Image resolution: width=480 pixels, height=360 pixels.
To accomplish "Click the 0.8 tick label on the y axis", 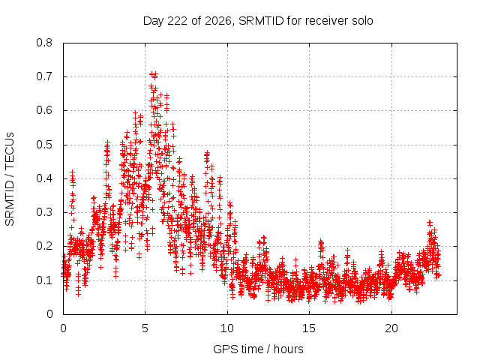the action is [x=44, y=43].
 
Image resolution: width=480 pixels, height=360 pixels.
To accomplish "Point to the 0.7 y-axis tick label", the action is [x=44, y=76].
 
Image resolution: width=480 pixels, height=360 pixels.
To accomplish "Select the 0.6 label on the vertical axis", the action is [x=44, y=110].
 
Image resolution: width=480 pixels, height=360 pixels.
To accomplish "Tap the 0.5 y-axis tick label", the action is [x=44, y=145].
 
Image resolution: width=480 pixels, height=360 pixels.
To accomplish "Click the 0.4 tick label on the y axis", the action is [x=44, y=178].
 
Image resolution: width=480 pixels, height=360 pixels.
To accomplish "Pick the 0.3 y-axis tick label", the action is [x=44, y=212].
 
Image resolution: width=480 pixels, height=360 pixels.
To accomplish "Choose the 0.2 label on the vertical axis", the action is [x=44, y=246].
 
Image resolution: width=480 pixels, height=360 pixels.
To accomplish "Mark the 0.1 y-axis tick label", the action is [x=44, y=280].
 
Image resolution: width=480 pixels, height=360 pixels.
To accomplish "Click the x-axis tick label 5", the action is [x=145, y=328].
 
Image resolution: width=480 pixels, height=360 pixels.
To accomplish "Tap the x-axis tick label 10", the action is [x=227, y=328].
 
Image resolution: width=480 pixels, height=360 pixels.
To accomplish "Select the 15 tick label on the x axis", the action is [x=309, y=328].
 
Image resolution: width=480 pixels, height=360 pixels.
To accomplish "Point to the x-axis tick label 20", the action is [x=391, y=328].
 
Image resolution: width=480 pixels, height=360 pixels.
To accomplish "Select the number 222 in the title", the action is [x=178, y=21].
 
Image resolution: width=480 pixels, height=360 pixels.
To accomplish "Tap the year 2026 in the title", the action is [x=218, y=21].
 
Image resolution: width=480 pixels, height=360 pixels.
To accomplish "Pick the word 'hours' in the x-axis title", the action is [x=288, y=349].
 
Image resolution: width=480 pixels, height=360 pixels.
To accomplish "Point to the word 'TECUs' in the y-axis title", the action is [x=10, y=151].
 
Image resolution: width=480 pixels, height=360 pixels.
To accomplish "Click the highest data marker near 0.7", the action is [x=151, y=74].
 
